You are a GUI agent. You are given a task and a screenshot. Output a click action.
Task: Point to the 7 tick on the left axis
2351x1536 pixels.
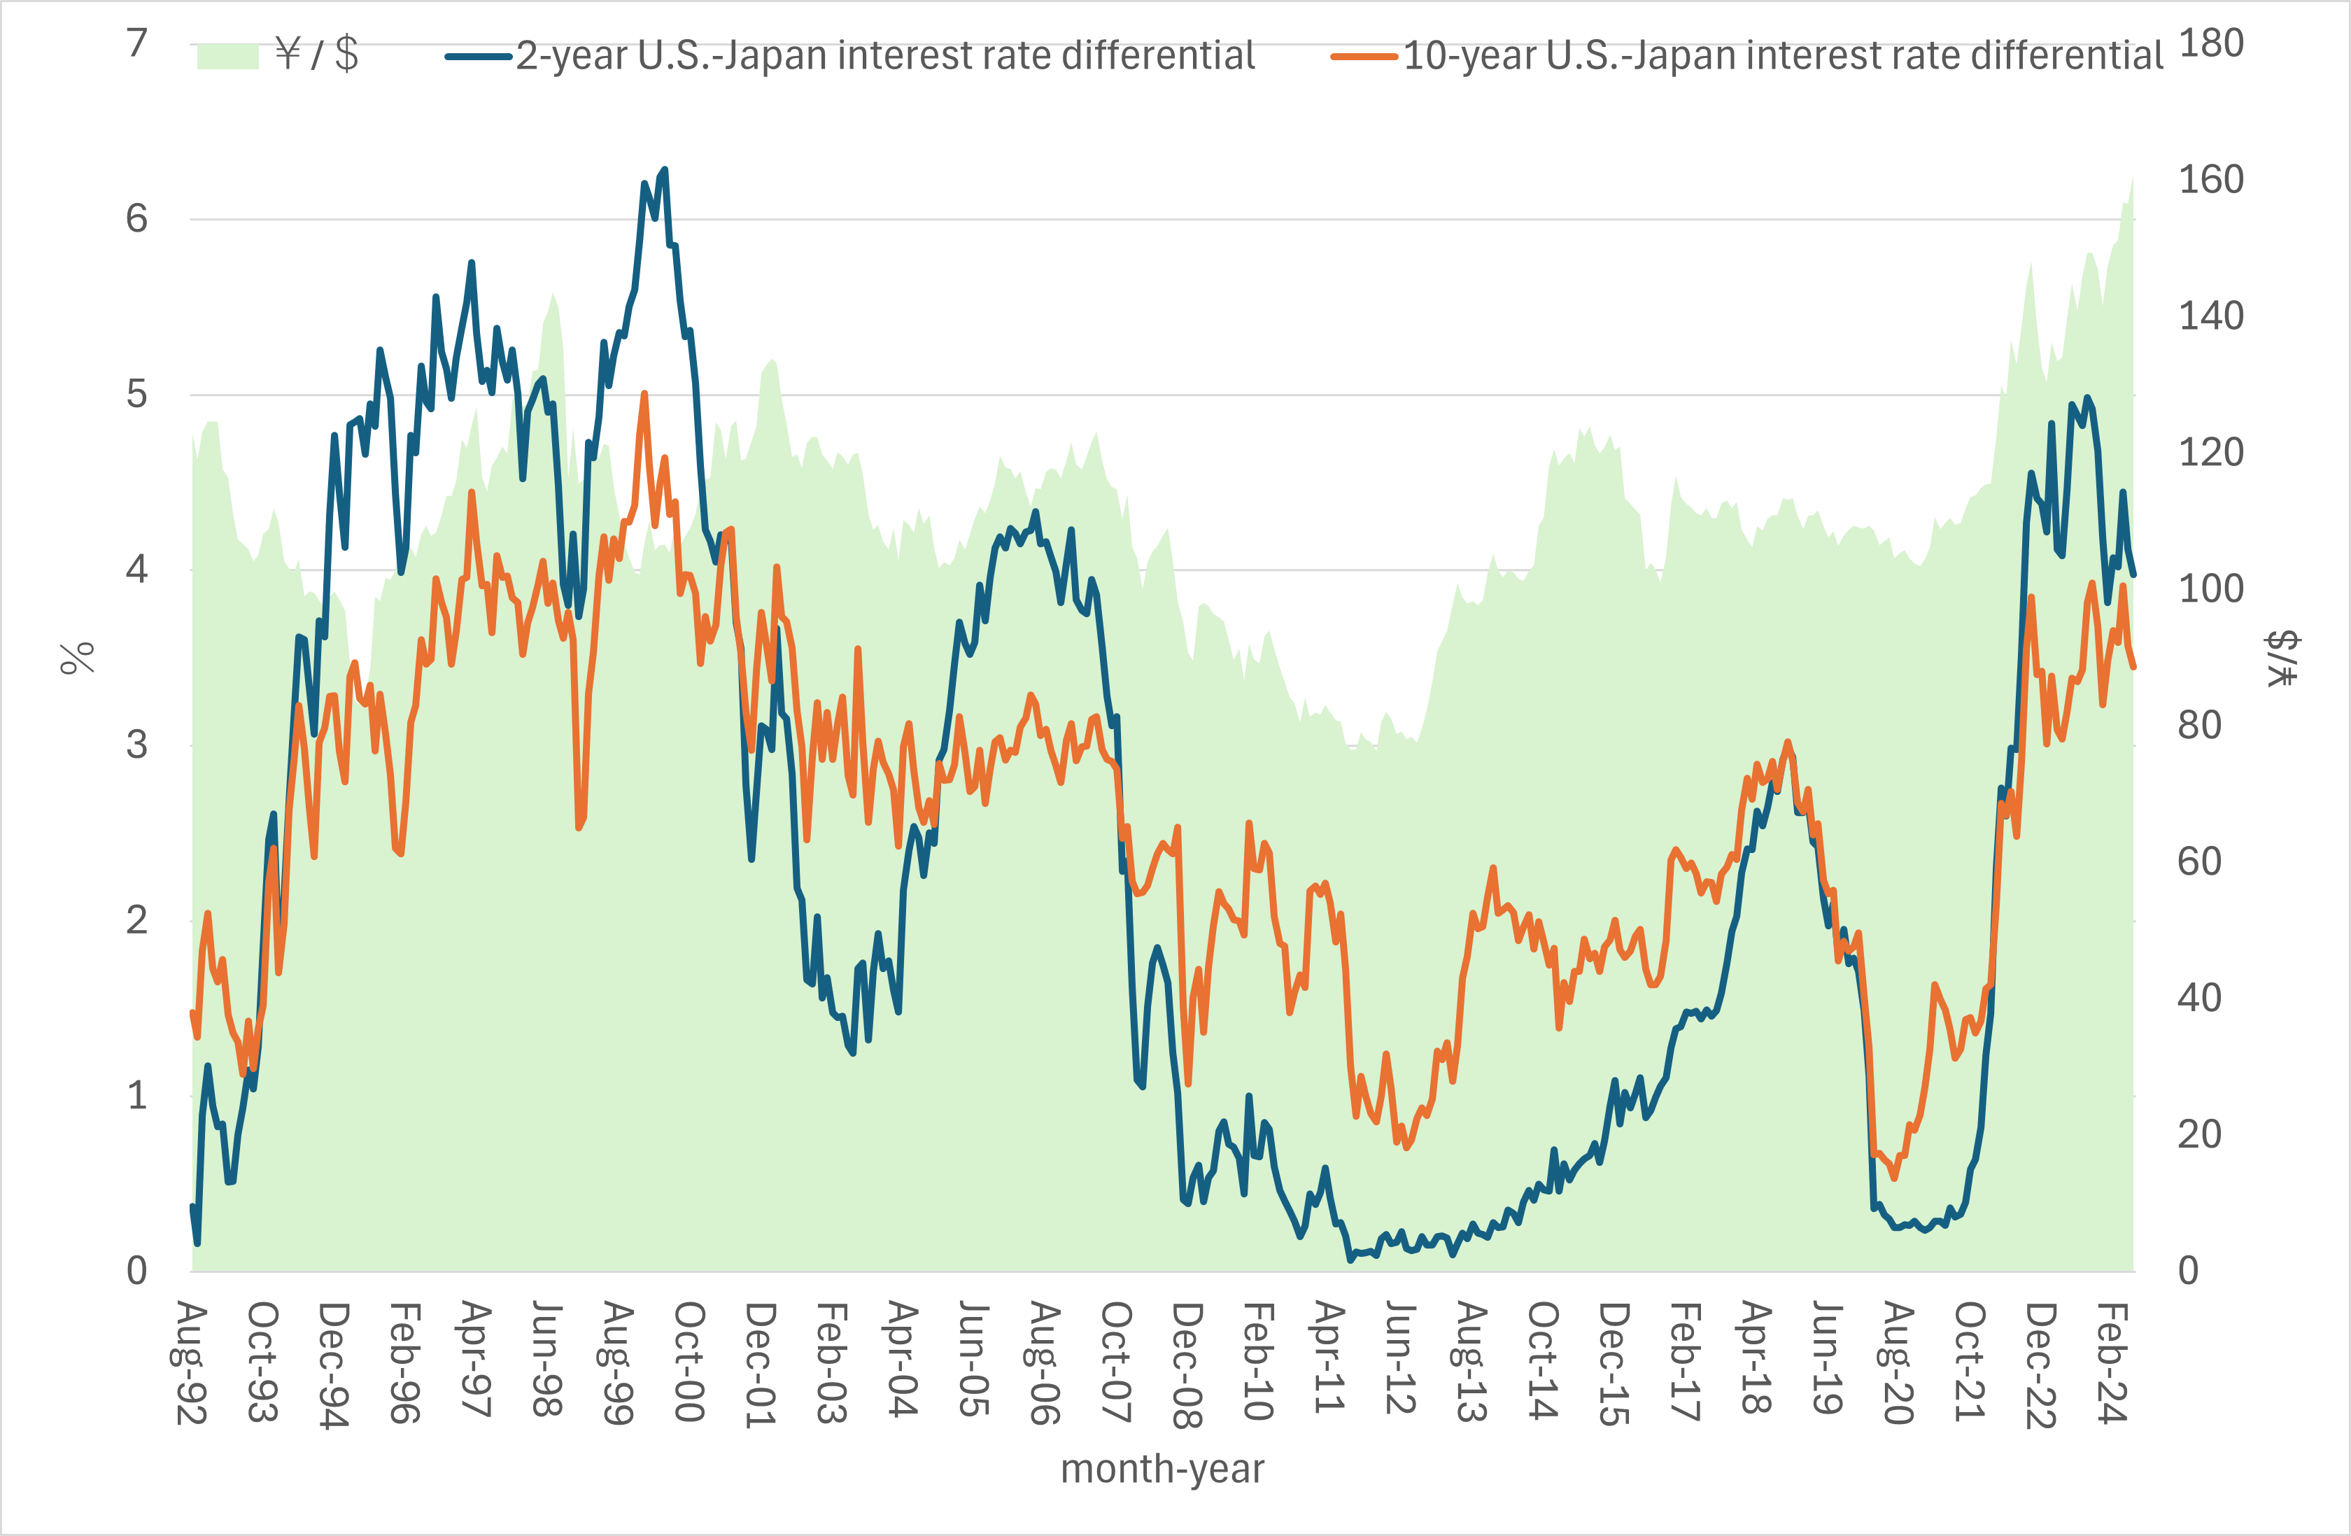point(137,43)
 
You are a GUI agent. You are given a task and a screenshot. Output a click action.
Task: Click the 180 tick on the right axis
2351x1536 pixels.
point(2211,43)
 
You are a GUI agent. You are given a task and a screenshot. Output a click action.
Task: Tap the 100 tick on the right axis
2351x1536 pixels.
point(2211,589)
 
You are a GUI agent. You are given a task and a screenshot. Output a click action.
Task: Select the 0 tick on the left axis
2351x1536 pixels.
point(137,1270)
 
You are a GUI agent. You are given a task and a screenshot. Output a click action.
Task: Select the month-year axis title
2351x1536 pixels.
point(1162,1469)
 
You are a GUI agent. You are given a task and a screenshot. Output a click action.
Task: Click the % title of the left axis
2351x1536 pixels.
point(77,658)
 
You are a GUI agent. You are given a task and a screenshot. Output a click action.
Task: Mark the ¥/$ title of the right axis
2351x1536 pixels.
point(2282,658)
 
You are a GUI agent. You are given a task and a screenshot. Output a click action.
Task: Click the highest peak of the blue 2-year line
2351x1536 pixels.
point(665,170)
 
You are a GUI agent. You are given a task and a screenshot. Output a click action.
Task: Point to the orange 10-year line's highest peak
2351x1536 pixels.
point(644,394)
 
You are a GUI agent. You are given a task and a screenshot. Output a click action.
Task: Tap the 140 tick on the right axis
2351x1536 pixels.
point(2211,316)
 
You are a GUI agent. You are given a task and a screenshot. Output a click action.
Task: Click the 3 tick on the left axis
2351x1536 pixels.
point(137,745)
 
